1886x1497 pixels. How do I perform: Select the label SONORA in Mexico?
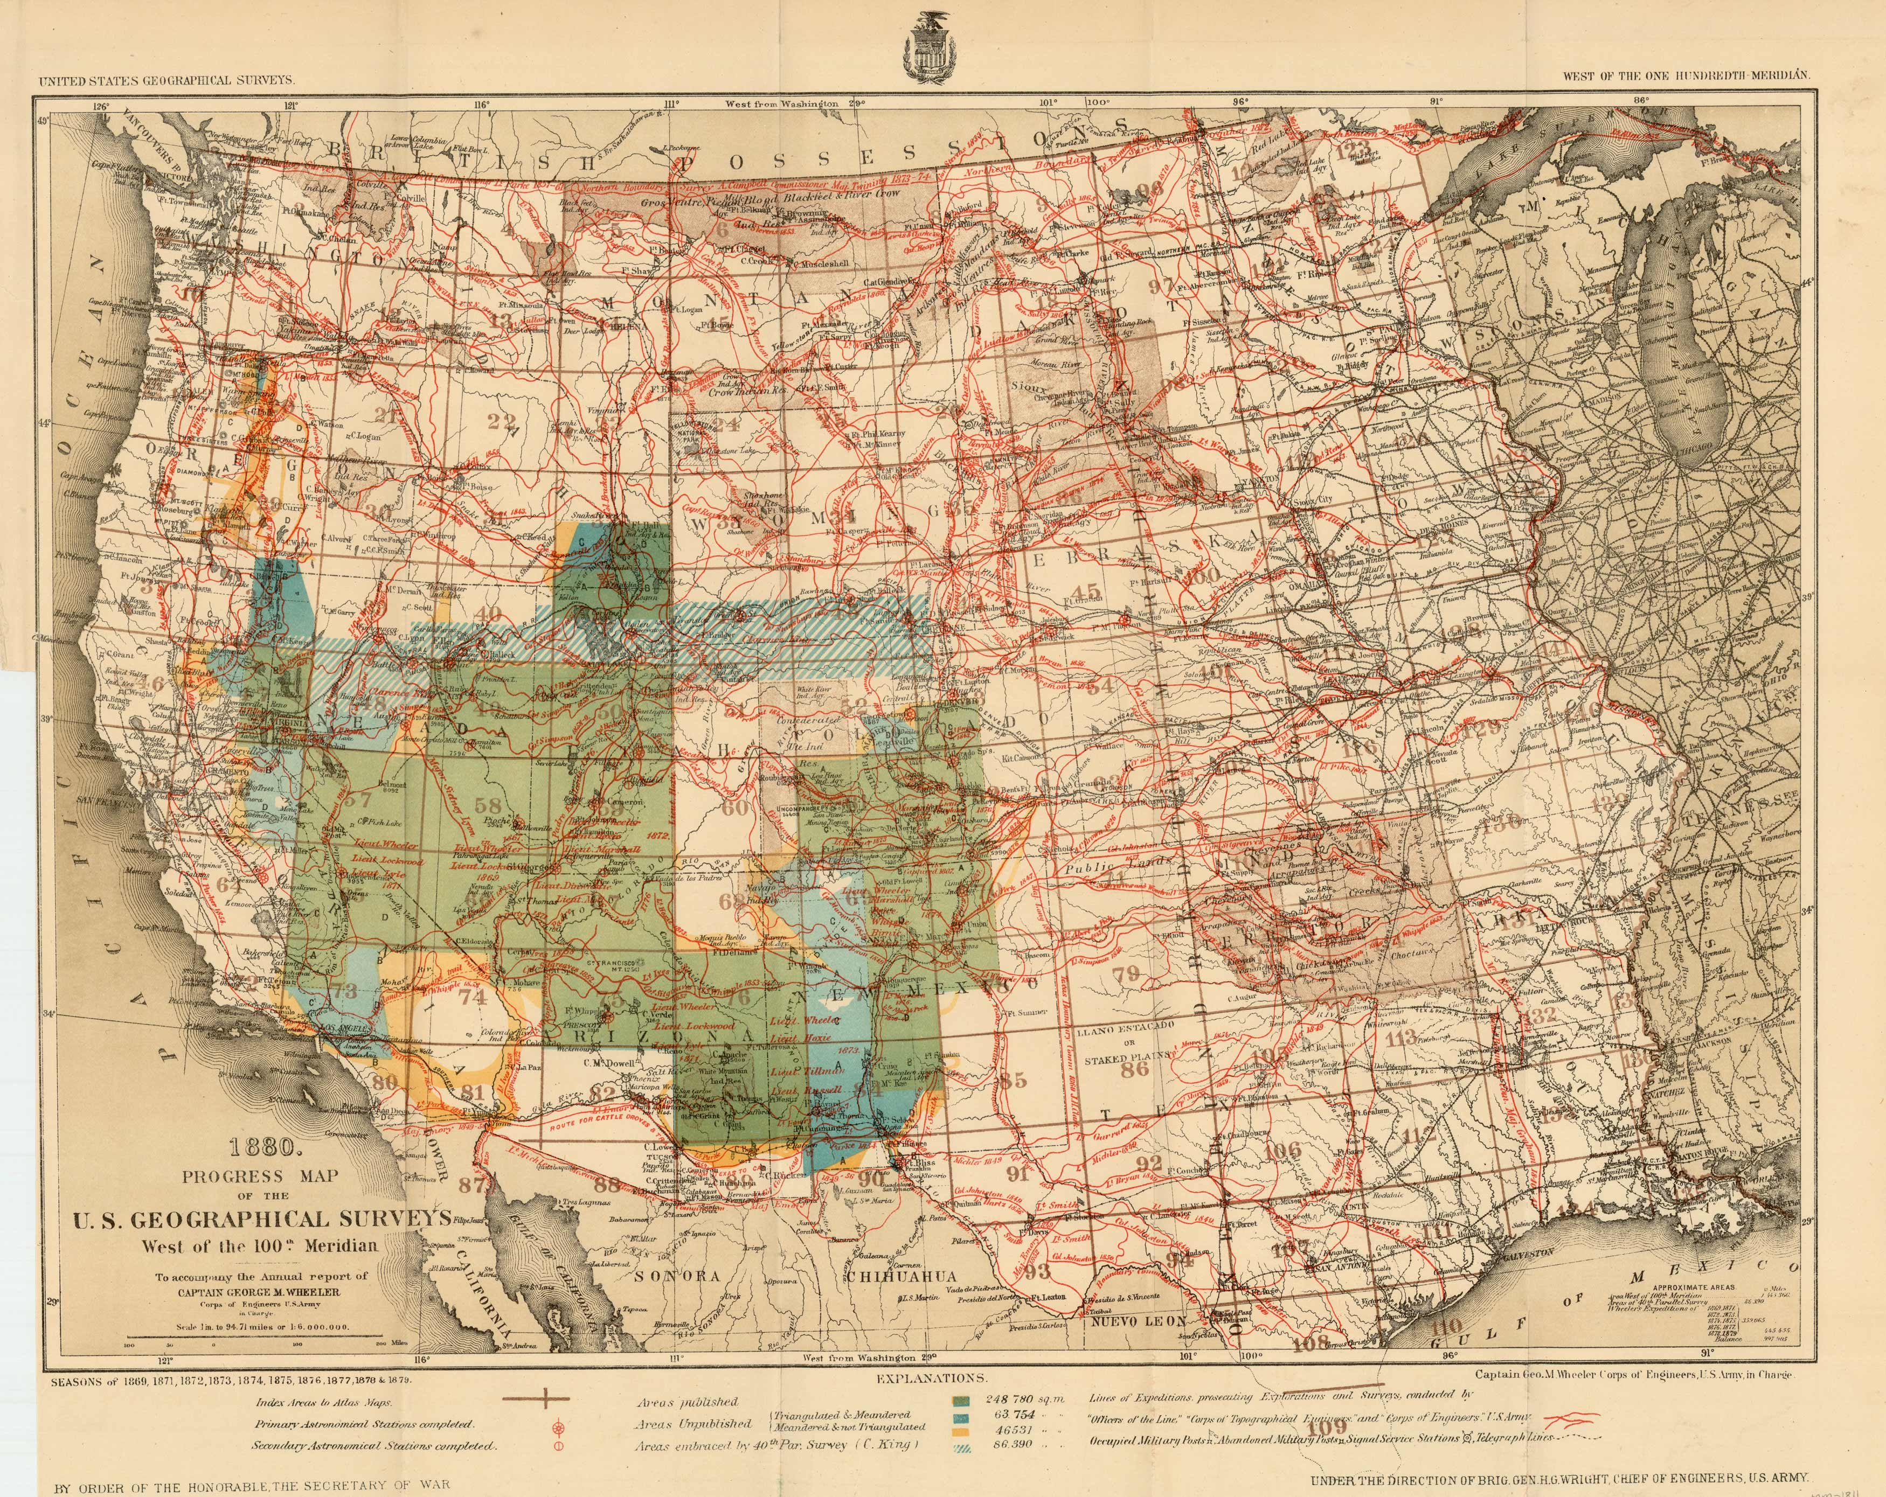coord(678,1276)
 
